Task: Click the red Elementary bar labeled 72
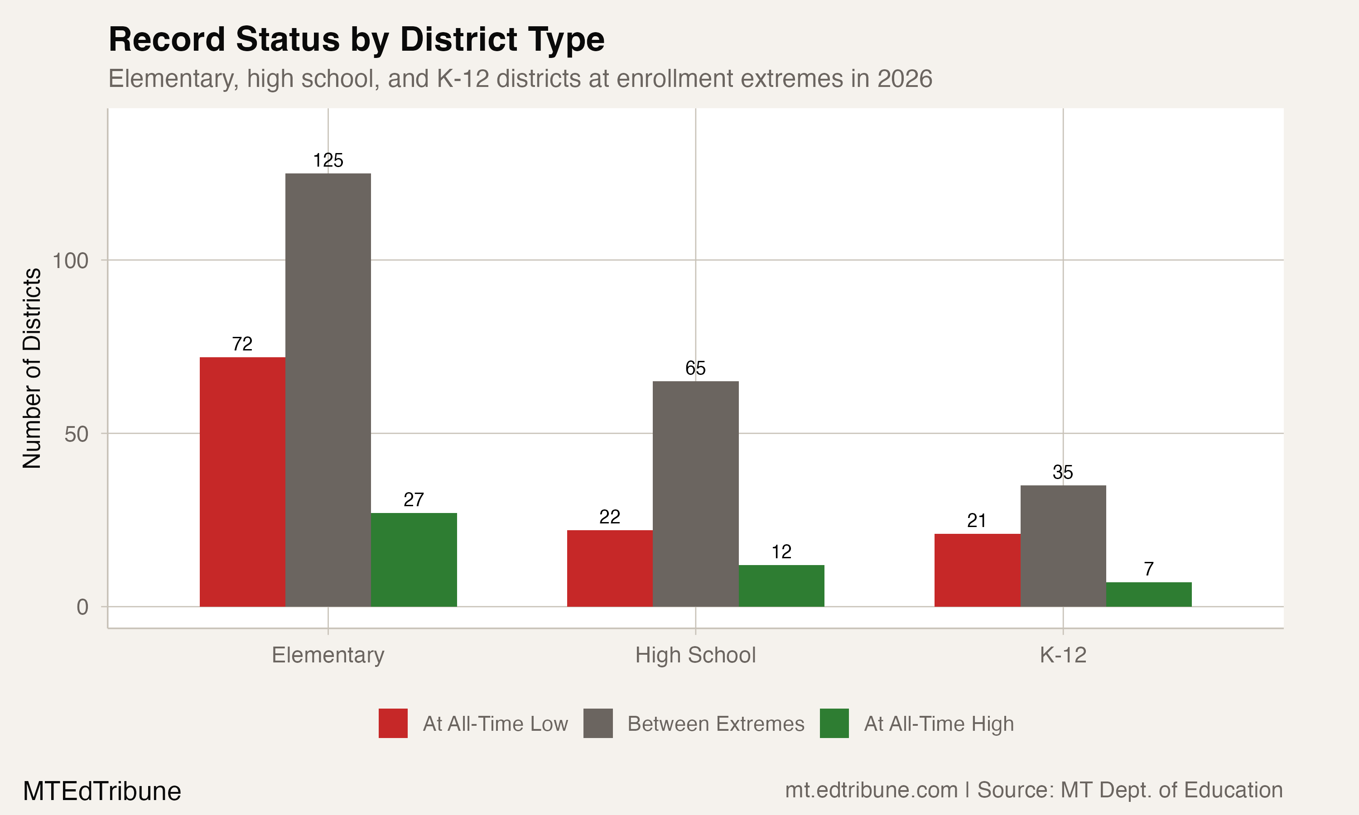pos(242,482)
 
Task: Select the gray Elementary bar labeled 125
pos(328,390)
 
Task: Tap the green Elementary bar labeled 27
pos(414,560)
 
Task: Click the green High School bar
pos(781,585)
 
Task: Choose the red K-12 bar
pos(977,570)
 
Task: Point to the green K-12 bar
pos(1149,594)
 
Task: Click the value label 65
pos(695,368)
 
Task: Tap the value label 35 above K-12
pos(1062,472)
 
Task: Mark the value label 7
pos(1149,569)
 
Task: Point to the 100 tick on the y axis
pos(70,260)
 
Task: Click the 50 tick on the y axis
pos(76,434)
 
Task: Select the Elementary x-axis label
pos(328,655)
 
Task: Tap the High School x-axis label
pos(695,655)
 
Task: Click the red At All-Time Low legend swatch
pos(393,723)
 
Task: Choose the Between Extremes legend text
pos(716,724)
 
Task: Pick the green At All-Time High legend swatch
pos(834,723)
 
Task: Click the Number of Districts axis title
pos(32,368)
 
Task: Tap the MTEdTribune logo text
pos(101,791)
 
